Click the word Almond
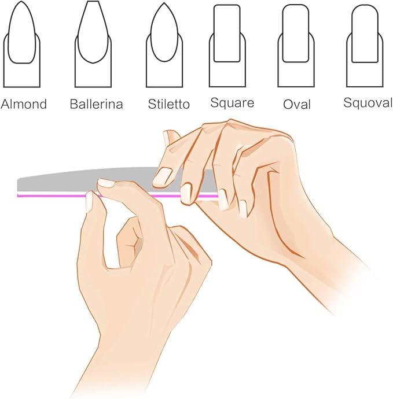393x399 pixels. click(x=24, y=104)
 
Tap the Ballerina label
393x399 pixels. click(x=96, y=104)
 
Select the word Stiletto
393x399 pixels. click(x=169, y=104)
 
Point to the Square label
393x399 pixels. click(x=232, y=103)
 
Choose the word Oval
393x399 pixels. click(x=297, y=104)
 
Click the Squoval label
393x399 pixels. click(x=368, y=103)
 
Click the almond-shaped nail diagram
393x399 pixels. click(x=21, y=45)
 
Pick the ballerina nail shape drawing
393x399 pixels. click(x=93, y=45)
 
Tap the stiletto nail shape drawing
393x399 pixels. click(x=164, y=45)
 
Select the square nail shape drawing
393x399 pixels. click(x=227, y=46)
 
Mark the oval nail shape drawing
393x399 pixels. click(x=296, y=46)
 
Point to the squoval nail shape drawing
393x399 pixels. click(x=365, y=46)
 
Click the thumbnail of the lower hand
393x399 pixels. click(x=90, y=202)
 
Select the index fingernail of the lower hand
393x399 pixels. click(x=106, y=182)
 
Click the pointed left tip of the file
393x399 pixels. click(x=17, y=181)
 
